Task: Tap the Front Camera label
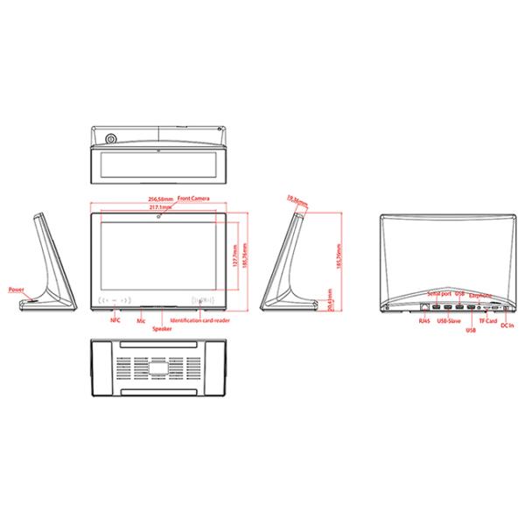(x=193, y=199)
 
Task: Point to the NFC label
(x=115, y=320)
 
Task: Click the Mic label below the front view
(x=140, y=321)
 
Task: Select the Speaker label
(x=162, y=328)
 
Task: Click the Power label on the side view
(x=16, y=289)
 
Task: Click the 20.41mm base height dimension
(x=329, y=300)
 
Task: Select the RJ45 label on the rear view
(x=425, y=321)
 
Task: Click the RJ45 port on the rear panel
(x=425, y=308)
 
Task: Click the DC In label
(x=507, y=326)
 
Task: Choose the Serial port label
(x=438, y=293)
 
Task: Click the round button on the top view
(x=110, y=139)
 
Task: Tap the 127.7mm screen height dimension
(x=234, y=261)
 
